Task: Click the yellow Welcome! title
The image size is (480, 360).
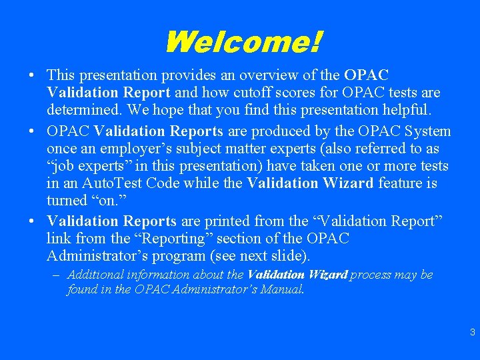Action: [x=242, y=43]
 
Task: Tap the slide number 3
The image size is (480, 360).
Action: [x=472, y=332]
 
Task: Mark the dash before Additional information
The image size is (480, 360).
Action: [x=59, y=275]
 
